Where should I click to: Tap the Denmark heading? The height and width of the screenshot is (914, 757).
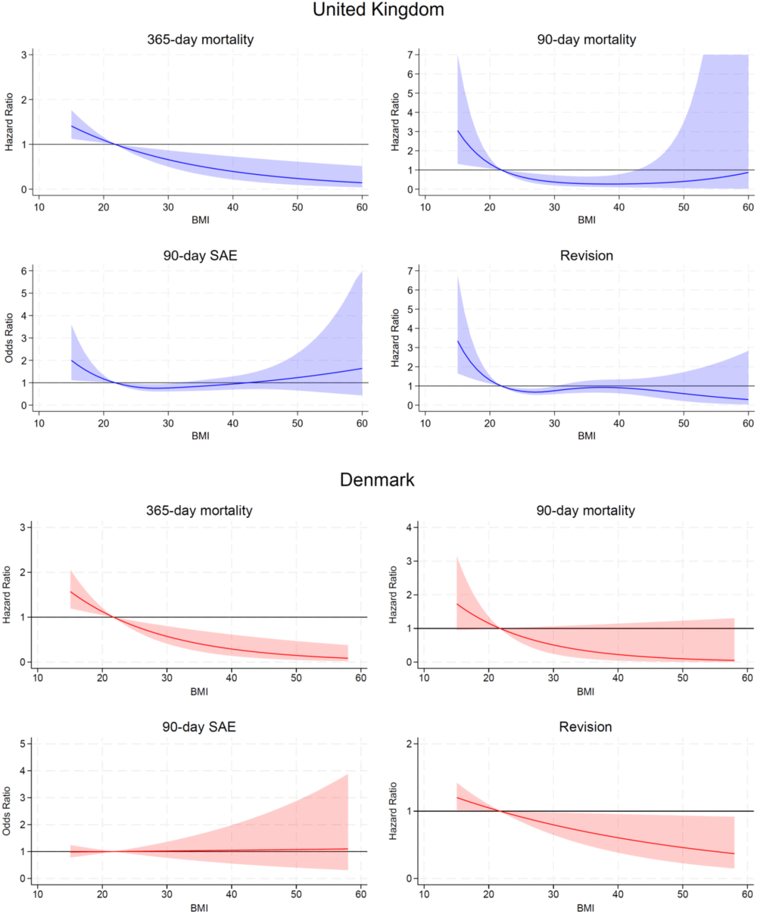[378, 480]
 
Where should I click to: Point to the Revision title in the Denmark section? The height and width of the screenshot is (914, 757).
[587, 727]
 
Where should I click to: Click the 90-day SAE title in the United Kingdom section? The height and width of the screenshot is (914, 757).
[198, 256]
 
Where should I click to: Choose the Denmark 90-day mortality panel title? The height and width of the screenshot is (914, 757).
[587, 511]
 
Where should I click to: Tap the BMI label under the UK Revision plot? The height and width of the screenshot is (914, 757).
[587, 435]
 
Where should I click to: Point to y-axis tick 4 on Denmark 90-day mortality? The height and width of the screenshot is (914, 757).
[410, 527]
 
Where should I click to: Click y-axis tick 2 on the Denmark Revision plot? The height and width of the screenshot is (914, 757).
[410, 744]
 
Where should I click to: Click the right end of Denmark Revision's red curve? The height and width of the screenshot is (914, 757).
[734, 853]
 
